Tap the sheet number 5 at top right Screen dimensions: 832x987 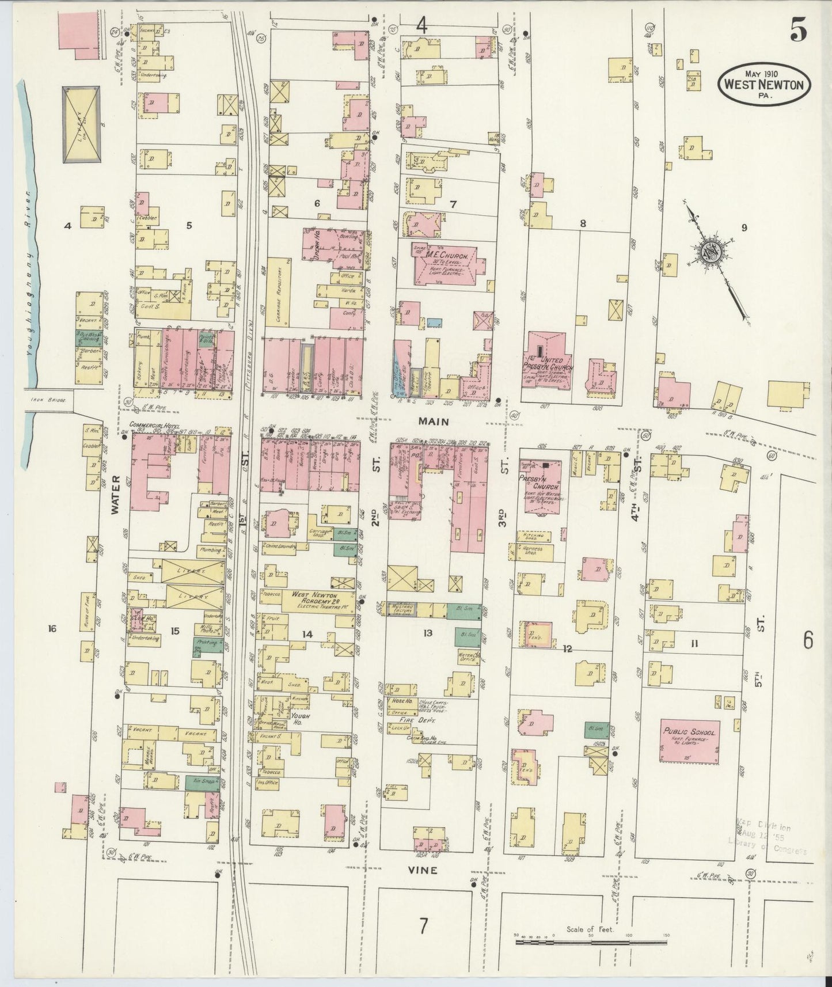coord(797,33)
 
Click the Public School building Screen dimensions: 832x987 coord(689,740)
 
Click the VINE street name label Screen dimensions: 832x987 coord(426,870)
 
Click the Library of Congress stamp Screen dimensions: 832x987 coord(770,836)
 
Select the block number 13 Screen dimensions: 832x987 coord(427,633)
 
